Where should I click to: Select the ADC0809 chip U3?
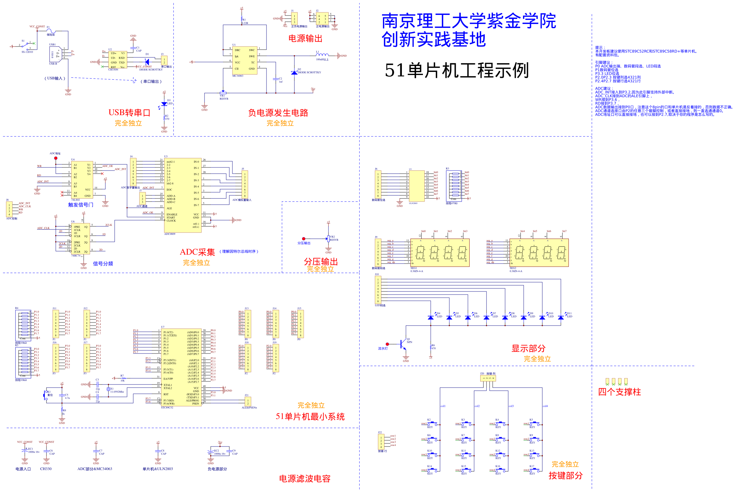pyautogui.click(x=182, y=195)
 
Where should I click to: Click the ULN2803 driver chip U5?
pyautogui.click(x=417, y=186)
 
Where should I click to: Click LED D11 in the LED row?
pyautogui.click(x=561, y=318)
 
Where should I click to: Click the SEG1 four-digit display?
pyautogui.click(x=440, y=252)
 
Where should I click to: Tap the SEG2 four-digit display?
pyautogui.click(x=539, y=252)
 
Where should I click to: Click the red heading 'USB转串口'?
pyautogui.click(x=130, y=113)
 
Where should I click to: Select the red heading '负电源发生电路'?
pyautogui.click(x=278, y=113)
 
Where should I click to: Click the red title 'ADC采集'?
pyautogui.click(x=197, y=252)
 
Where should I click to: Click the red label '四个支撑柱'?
pyautogui.click(x=619, y=392)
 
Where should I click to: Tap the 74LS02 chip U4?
pyautogui.click(x=82, y=180)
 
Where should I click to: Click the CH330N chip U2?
pyautogui.click(x=117, y=60)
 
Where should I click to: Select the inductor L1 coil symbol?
pyautogui.click(x=322, y=55)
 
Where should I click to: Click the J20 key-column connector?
pyautogui.click(x=488, y=378)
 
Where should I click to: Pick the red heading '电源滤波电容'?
pyautogui.click(x=305, y=478)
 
